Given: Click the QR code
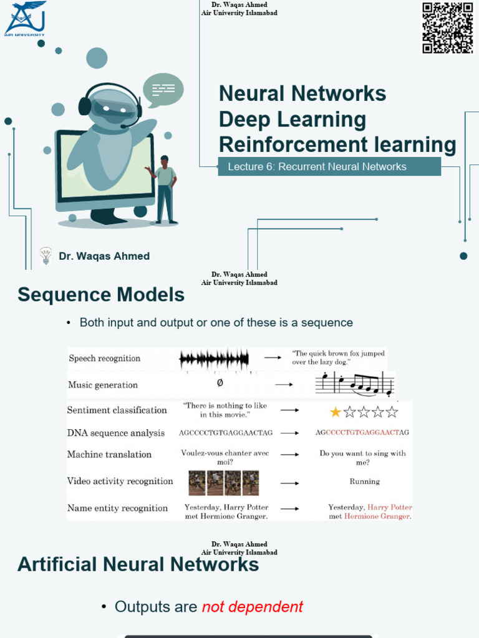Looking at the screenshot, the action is coord(448,27).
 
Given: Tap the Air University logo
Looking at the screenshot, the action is coord(25,18).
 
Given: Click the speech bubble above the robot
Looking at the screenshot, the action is coord(163,90).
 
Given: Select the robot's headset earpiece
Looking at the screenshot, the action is coord(85,106).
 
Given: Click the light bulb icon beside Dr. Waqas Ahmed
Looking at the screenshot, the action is coord(46,256).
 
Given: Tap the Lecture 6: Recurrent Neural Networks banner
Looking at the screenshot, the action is coord(329,166).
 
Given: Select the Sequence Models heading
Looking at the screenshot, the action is coord(101,295).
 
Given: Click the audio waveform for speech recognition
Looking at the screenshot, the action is coord(215,359).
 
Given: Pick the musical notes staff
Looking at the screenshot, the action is coord(355,384).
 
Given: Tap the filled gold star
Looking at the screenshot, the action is coord(336,412).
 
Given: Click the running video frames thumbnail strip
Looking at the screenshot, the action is coord(224,483).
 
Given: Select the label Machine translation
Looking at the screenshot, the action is coord(109,454).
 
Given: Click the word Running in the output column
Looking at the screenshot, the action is coord(364,482).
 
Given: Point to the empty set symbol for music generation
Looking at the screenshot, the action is coord(220,383).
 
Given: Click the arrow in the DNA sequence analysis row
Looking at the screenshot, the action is coord(289,433).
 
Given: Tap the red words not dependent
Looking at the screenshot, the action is coord(253,607).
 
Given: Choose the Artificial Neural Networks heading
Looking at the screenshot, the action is coord(138,564).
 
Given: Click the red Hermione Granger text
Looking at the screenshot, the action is coord(377,517).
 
